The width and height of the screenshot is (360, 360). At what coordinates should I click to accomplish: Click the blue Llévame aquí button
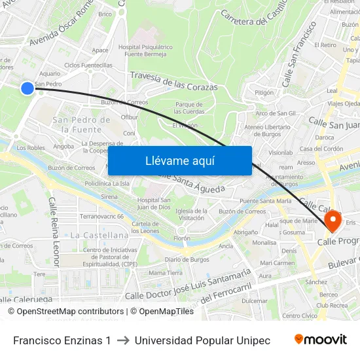(x=179, y=161)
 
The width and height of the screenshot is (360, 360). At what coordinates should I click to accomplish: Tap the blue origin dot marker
(x=27, y=88)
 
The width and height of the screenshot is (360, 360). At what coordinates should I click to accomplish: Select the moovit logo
(x=320, y=340)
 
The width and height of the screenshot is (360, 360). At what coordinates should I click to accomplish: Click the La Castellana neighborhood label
(x=99, y=235)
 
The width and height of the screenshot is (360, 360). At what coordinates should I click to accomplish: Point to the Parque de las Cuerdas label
(x=190, y=107)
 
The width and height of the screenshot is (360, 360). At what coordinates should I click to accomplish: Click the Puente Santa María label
(x=265, y=201)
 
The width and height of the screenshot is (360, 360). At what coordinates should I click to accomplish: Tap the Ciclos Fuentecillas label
(x=88, y=65)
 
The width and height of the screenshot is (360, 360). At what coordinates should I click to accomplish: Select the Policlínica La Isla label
(x=107, y=184)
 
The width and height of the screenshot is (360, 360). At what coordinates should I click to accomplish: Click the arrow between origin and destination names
(x=122, y=340)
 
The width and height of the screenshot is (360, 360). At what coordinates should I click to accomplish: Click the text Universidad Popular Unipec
(x=202, y=340)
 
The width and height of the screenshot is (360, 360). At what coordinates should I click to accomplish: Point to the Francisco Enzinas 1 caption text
(x=62, y=340)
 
